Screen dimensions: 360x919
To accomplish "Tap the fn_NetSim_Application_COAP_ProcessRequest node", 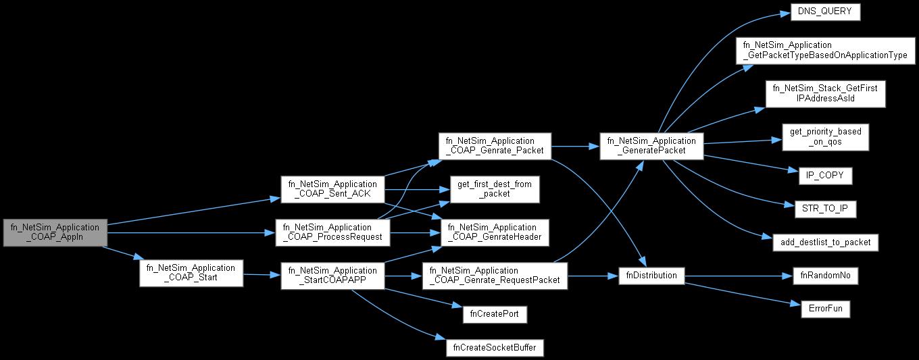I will pos(329,232).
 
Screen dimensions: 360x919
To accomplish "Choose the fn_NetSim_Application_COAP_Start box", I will pos(191,273).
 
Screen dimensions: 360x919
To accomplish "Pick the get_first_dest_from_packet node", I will pos(491,190).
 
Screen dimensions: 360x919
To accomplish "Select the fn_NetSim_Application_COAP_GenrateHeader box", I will pos(495,232).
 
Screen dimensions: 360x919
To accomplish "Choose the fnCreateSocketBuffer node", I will pos(495,348).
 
